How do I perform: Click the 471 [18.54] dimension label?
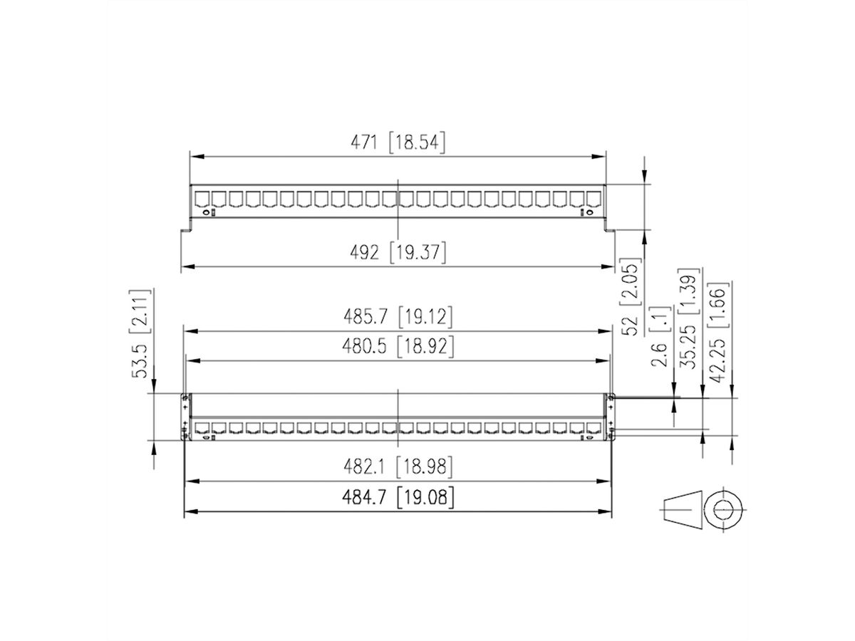(x=398, y=142)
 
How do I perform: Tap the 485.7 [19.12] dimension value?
(x=398, y=316)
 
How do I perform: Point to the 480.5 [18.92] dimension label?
(x=398, y=347)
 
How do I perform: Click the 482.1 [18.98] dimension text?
(x=398, y=467)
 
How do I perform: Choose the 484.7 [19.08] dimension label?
(x=398, y=496)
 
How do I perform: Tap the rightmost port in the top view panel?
(x=593, y=199)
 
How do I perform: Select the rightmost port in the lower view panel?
(x=593, y=428)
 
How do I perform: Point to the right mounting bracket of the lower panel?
(x=611, y=417)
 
